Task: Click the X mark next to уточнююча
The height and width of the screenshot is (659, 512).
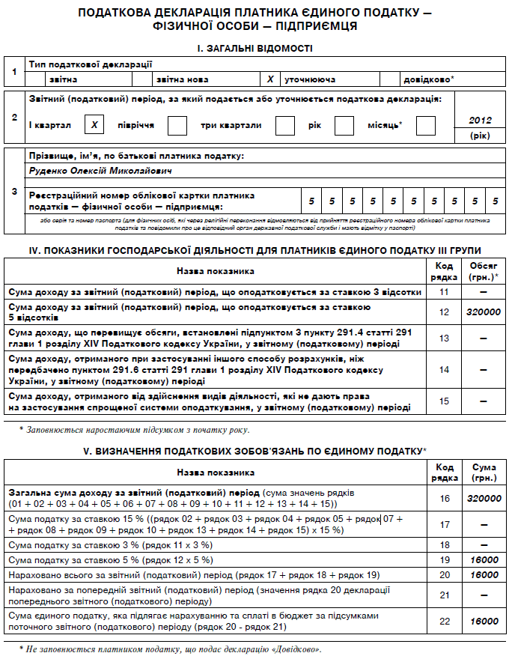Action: (270, 79)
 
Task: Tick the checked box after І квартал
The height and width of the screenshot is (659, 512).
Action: (94, 125)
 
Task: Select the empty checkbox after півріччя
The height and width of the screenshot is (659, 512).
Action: (177, 125)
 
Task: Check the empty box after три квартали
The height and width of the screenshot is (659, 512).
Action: (285, 125)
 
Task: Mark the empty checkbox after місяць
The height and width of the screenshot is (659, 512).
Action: (425, 125)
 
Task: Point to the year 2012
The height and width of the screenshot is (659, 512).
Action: (479, 120)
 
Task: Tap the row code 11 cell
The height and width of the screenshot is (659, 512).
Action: (444, 291)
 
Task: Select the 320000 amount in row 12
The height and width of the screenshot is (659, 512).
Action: (483, 312)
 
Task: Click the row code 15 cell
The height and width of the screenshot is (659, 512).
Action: (444, 401)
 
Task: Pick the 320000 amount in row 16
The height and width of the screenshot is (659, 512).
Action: (483, 499)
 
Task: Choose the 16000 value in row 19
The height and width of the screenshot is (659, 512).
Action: (484, 559)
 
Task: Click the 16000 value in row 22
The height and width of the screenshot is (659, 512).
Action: (484, 621)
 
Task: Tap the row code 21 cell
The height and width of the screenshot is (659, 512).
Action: (444, 595)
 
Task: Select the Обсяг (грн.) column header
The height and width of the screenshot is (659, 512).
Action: (483, 270)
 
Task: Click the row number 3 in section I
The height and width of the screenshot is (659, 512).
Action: (14, 192)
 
